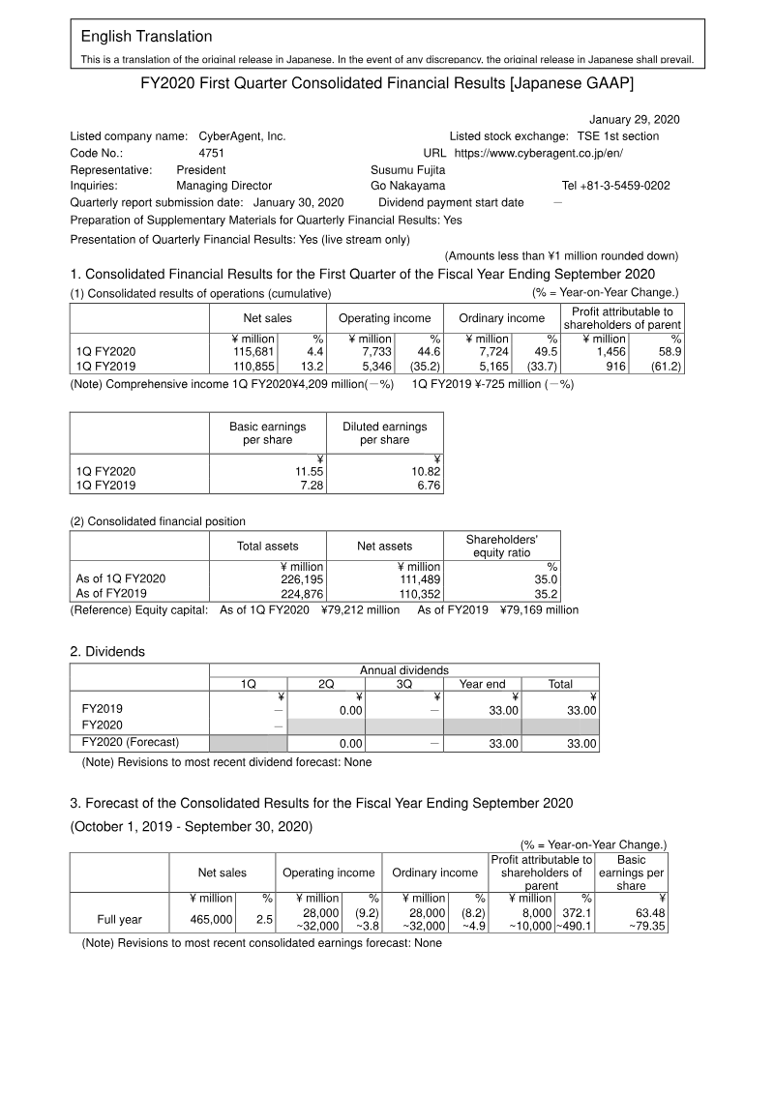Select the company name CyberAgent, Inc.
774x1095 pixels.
pyautogui.click(x=241, y=136)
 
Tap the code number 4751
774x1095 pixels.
pyautogui.click(x=212, y=153)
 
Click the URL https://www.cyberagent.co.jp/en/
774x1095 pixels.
pyautogui.click(x=539, y=153)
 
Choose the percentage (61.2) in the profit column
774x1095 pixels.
pyautogui.click(x=666, y=367)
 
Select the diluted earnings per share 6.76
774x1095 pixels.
pyautogui.click(x=425, y=486)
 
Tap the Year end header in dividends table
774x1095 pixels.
pyautogui.click(x=482, y=684)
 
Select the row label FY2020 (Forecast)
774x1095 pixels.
pyautogui.click(x=131, y=743)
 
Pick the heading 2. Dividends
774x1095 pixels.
pyautogui.click(x=107, y=651)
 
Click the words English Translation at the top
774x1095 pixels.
pyautogui.click(x=146, y=37)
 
